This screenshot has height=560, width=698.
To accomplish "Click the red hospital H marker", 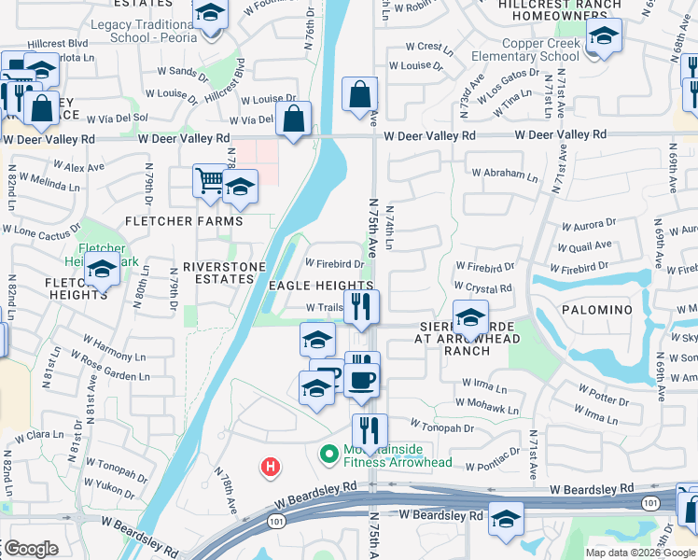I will coord(271,466).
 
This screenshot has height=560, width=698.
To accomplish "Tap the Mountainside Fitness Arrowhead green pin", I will coord(328,455).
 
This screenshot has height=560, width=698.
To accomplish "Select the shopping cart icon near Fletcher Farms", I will coord(210,182).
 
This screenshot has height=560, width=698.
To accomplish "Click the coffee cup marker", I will coord(362,382).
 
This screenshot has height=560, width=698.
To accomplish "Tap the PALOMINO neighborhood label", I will coord(597,309).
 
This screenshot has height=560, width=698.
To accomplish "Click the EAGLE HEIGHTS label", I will coord(321,286).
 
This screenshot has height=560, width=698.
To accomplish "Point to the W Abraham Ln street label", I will coord(505,174).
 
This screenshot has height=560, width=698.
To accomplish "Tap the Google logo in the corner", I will coord(30,549).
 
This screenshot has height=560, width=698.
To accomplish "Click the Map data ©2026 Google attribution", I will coord(639,553).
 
